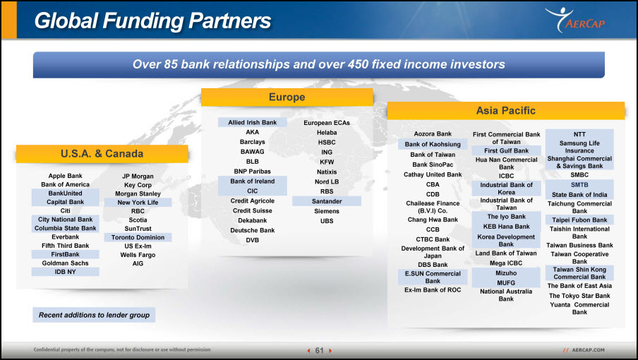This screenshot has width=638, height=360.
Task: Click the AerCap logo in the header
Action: (574, 20)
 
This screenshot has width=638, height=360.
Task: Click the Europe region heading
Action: (287, 97)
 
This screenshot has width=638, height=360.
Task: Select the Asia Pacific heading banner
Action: (506, 111)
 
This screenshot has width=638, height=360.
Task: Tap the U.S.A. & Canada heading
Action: (102, 154)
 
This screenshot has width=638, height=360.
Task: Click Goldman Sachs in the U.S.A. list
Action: (65, 263)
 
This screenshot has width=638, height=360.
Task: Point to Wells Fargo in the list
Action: (138, 255)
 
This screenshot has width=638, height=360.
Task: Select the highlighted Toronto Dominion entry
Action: (138, 238)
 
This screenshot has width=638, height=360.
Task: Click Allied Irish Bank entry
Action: (252, 122)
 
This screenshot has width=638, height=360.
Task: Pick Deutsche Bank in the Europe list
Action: (252, 230)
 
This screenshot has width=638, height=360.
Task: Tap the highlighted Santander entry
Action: (327, 201)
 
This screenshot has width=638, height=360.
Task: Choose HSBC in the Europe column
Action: (327, 143)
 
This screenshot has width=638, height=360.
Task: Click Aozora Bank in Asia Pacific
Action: (433, 134)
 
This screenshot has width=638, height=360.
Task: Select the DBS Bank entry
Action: (433, 265)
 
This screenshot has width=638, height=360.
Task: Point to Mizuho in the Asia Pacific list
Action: (506, 273)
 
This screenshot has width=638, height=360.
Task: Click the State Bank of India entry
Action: (579, 195)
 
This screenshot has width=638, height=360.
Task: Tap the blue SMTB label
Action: (579, 185)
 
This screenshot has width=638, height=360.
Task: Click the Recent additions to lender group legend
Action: (94, 315)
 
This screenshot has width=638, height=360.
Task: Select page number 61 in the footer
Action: (320, 350)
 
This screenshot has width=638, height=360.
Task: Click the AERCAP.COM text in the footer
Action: (589, 350)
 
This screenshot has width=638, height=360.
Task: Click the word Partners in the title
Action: (230, 20)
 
